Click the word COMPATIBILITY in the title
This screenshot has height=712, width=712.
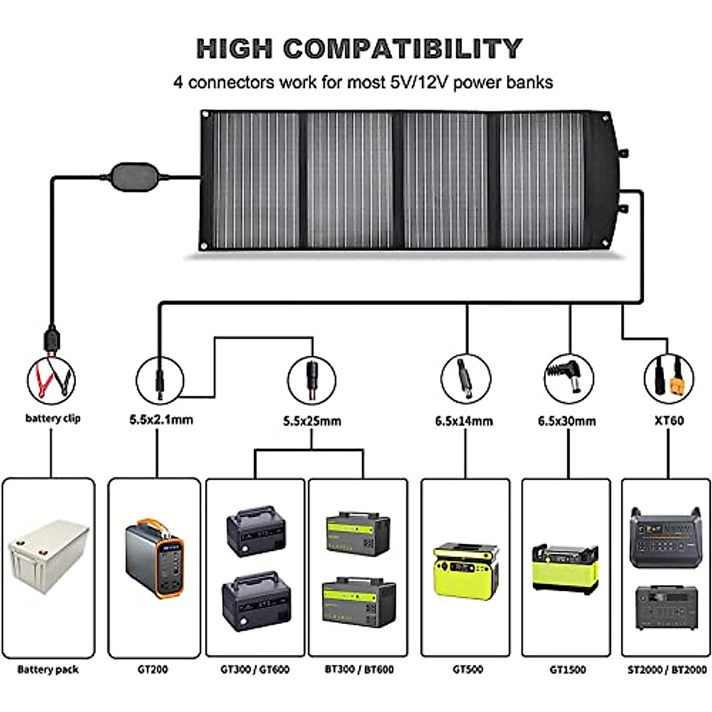click(403, 49)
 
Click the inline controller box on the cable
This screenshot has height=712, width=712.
click(136, 176)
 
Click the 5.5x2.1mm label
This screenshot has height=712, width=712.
click(161, 420)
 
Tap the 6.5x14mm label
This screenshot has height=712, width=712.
click(464, 421)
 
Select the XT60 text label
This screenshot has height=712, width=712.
click(669, 421)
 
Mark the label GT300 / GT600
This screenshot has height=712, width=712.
click(255, 669)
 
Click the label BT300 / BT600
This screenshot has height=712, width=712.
click(359, 669)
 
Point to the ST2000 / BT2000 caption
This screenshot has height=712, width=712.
click(667, 669)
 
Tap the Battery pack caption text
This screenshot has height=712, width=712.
click(48, 669)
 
